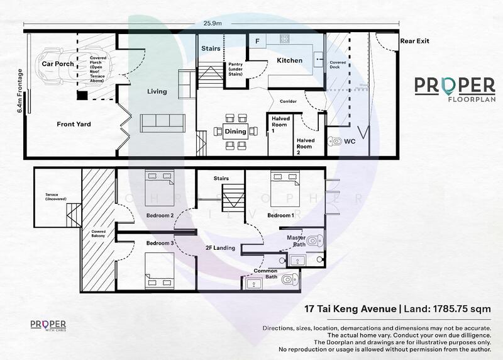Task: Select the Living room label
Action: [x=157, y=91]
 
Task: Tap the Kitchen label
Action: [x=289, y=60]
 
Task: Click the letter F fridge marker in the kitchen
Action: [x=257, y=41]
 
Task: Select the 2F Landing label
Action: [x=221, y=248]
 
